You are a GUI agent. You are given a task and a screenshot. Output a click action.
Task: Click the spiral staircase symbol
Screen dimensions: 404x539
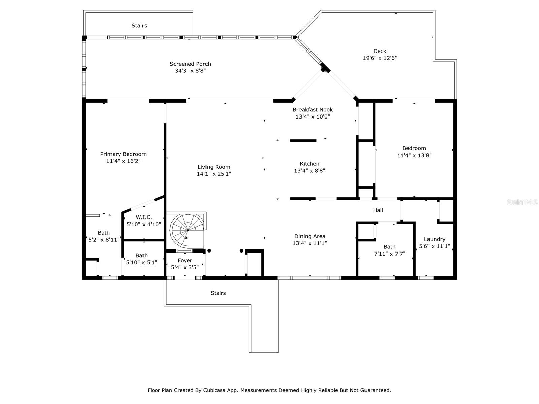click(187, 230)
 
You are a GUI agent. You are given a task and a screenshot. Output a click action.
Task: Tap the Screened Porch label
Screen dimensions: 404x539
click(190, 64)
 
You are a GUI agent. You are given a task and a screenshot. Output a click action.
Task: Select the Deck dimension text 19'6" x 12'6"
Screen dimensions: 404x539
click(380, 58)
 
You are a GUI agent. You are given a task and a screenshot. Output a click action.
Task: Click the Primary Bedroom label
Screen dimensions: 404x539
click(123, 154)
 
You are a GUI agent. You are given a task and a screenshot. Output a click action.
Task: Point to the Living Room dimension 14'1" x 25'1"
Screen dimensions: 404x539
click(214, 174)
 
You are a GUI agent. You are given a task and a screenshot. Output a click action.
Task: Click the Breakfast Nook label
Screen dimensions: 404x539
click(313, 109)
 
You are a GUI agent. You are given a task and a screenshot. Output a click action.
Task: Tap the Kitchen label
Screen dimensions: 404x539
click(310, 164)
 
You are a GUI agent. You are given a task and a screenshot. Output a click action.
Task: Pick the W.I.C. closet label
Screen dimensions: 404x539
click(144, 217)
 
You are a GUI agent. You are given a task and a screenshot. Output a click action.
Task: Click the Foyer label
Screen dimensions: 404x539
click(185, 260)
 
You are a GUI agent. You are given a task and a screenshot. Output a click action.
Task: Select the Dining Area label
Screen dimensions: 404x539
click(310, 236)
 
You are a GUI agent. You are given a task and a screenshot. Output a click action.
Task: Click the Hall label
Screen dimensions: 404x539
click(378, 210)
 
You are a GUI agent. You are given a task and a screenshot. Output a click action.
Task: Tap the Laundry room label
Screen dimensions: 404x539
click(435, 239)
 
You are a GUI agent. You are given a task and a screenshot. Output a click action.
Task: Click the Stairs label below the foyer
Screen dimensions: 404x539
click(218, 293)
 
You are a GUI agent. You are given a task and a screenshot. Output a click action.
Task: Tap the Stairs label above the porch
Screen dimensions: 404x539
click(139, 26)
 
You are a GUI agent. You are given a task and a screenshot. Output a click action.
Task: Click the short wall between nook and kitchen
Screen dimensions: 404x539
click(303, 140)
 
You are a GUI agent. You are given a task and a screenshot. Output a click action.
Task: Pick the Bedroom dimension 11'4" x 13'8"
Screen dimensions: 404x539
click(414, 155)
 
